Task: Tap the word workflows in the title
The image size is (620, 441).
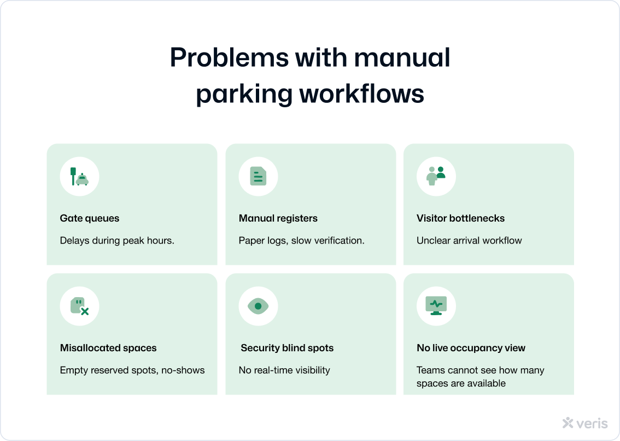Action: tap(362, 94)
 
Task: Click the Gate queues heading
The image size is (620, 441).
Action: tap(89, 218)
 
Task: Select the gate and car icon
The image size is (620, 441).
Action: tap(79, 177)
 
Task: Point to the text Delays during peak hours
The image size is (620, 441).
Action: tap(117, 240)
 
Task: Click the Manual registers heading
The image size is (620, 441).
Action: tap(278, 218)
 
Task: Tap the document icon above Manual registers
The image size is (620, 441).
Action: tap(258, 177)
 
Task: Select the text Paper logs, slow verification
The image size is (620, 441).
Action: tap(301, 240)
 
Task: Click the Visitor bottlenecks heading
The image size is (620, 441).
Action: tap(460, 218)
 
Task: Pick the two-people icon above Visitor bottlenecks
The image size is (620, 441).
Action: tap(436, 177)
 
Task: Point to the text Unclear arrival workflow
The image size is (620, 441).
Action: tap(469, 240)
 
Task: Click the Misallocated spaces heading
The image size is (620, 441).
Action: tap(108, 348)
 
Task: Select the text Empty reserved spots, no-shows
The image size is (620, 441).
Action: tap(132, 370)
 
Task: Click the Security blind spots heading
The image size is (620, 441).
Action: tap(287, 348)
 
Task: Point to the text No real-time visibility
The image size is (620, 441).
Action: tap(284, 370)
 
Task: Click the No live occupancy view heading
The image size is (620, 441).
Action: tap(471, 348)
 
